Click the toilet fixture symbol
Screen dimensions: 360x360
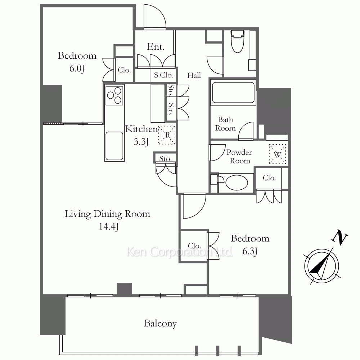pos(237,41)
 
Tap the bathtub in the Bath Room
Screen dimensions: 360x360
pos(233,93)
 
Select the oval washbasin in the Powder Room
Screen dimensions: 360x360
pos(237,183)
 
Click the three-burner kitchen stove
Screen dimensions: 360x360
pos(114,95)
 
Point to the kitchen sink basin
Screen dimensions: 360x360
pos(114,145)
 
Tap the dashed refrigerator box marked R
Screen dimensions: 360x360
pos(167,135)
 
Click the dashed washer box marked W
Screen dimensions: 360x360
pos(277,154)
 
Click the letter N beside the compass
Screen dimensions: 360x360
pos(339,237)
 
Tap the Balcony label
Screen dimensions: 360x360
pos(161,324)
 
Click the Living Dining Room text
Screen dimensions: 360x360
pos(107,214)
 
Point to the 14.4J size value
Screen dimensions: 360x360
pos(109,226)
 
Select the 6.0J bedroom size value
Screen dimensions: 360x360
pos(77,68)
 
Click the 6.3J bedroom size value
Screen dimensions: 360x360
pos(250,251)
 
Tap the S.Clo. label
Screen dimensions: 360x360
pos(163,75)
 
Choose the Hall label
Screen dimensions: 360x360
pos(194,75)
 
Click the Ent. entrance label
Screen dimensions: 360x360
pos(156,47)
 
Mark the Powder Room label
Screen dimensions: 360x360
pos(239,157)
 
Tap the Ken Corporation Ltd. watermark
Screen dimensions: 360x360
pos(180,252)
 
